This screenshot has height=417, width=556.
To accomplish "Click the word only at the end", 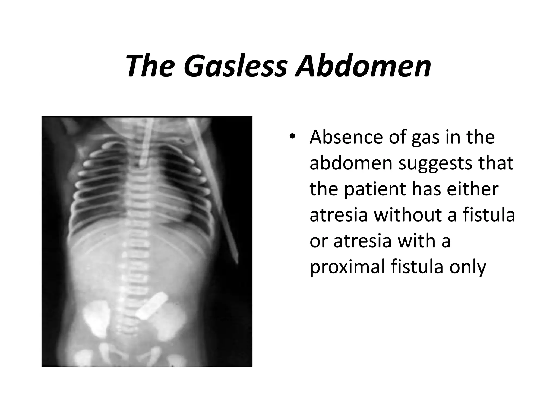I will click(467, 267).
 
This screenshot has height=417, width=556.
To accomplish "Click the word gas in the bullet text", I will click(425, 137).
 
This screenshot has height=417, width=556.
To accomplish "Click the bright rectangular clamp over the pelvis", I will click(151, 305).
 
